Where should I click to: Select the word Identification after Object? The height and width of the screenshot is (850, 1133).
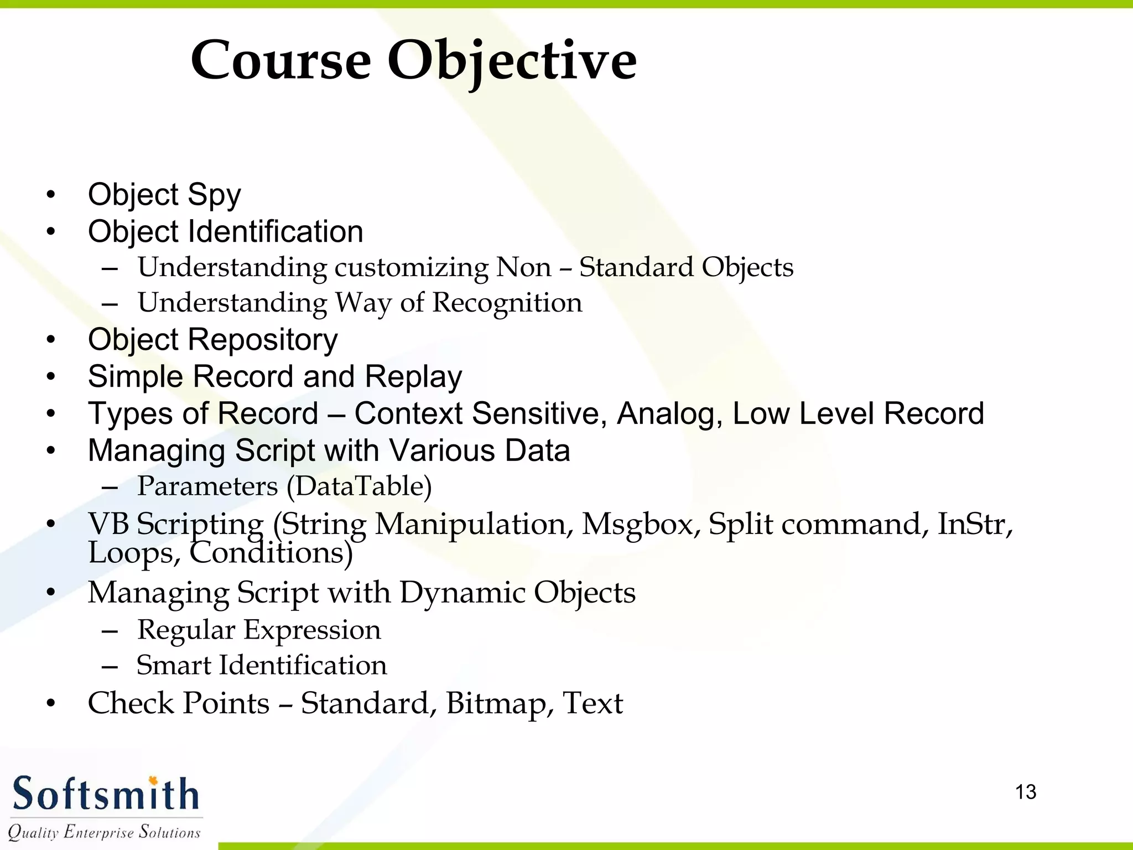click(276, 231)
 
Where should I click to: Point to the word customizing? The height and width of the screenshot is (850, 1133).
click(412, 268)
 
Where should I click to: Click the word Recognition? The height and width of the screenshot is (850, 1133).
click(507, 303)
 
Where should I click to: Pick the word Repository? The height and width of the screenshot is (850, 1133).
click(263, 340)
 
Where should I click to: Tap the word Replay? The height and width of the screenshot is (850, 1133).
click(413, 377)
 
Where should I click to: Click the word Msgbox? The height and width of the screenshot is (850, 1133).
click(641, 524)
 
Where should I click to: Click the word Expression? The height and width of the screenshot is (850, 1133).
click(312, 630)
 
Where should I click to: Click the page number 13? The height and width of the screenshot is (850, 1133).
click(1026, 792)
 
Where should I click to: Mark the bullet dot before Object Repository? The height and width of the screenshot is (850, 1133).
click(51, 340)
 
